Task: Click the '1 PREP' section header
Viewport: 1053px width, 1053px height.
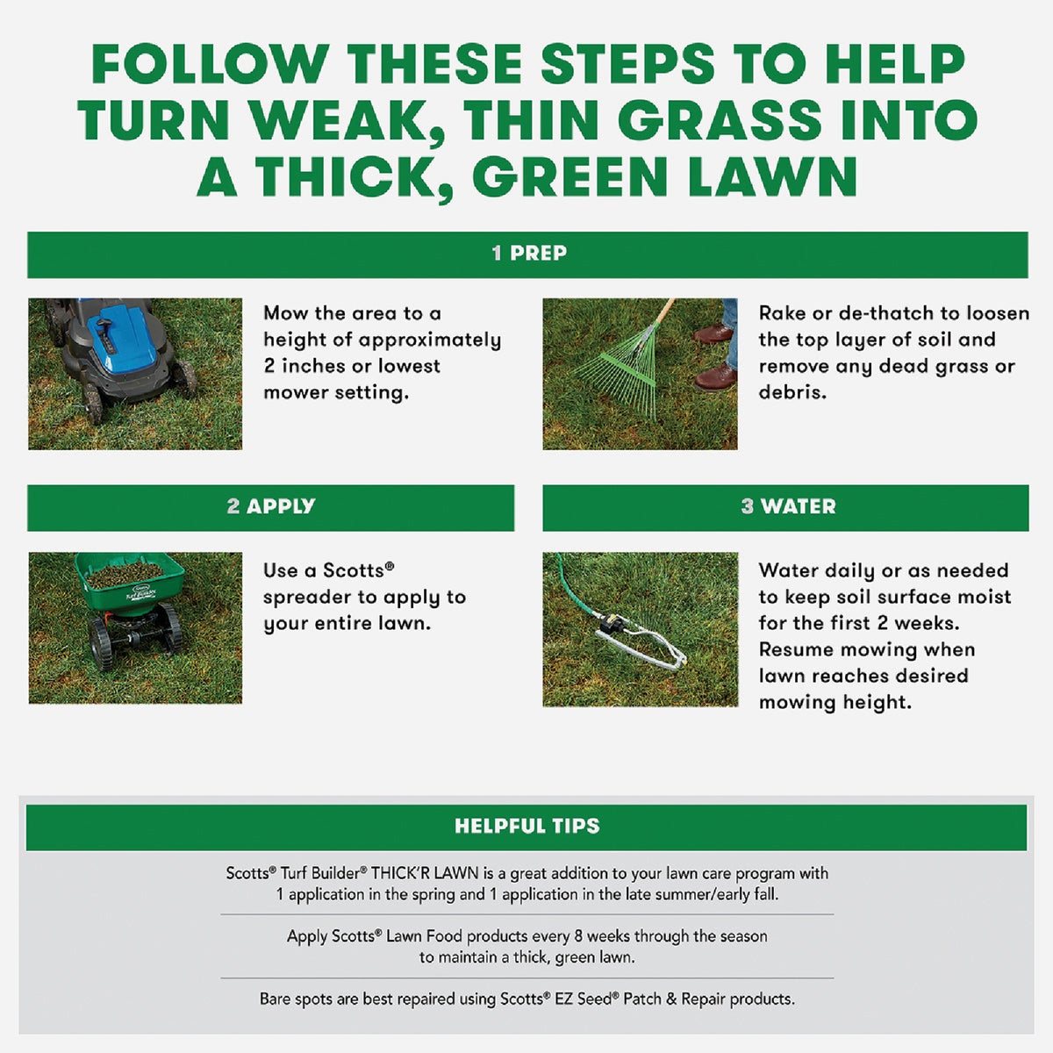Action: (x=528, y=254)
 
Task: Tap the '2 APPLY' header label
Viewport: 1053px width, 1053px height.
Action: (x=270, y=506)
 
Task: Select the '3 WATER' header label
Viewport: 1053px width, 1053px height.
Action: (x=787, y=506)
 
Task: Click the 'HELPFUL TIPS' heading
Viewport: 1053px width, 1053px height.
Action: (x=526, y=826)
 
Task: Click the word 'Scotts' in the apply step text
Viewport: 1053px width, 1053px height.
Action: (x=354, y=570)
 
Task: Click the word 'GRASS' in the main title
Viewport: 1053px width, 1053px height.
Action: (x=722, y=120)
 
